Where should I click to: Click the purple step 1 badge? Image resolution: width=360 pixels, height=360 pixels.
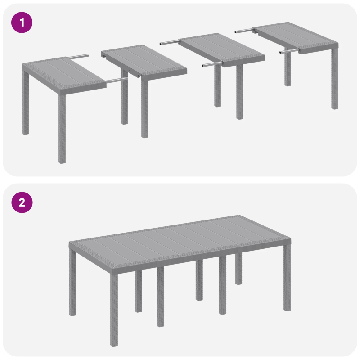tap(22, 22)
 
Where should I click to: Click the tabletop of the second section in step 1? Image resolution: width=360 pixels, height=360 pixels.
tap(144, 60)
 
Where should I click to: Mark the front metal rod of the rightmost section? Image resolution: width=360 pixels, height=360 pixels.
tap(288, 52)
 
